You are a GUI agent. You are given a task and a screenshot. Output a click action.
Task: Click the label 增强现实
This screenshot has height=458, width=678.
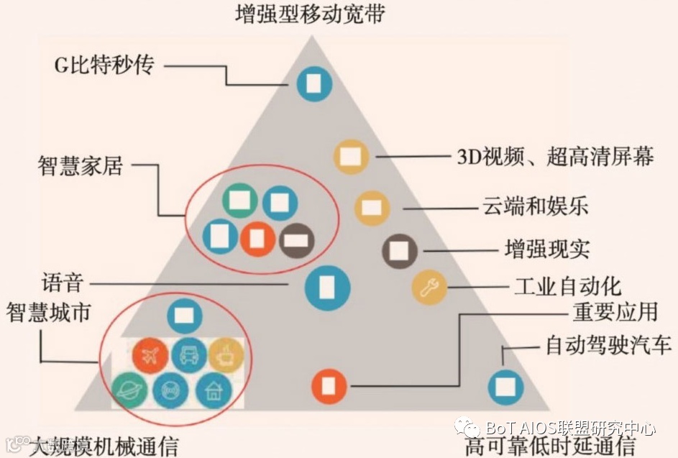(546, 249)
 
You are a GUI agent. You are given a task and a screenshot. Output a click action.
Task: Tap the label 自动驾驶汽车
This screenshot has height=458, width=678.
(608, 346)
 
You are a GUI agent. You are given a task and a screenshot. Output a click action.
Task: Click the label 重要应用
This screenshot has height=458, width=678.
(615, 312)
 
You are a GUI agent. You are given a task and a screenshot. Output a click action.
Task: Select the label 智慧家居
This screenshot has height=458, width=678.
(81, 165)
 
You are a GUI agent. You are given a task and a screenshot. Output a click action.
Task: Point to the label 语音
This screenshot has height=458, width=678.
(63, 283)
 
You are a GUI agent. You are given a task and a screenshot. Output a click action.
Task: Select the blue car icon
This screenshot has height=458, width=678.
(188, 354)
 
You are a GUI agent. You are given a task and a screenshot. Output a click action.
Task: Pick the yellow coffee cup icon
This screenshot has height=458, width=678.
(226, 354)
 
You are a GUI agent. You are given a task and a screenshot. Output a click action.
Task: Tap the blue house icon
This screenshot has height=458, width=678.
(214, 390)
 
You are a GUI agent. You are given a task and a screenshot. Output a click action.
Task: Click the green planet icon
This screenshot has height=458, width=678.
(130, 390)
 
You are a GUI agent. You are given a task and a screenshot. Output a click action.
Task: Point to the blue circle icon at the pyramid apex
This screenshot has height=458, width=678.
(314, 83)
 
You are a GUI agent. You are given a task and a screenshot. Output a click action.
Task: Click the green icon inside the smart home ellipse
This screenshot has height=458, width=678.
(239, 202)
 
